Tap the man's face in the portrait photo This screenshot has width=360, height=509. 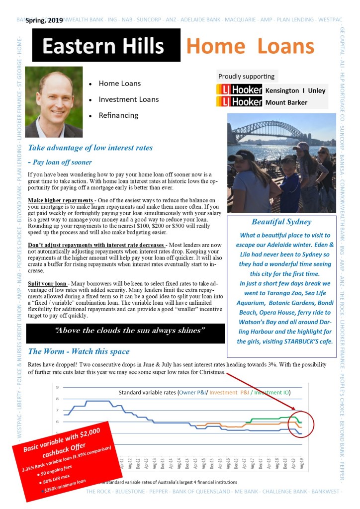coord(54,97)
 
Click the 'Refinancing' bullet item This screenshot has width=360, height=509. coord(118,115)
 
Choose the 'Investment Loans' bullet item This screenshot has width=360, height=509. coord(129,99)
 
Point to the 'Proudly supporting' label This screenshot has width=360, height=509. coord(246,77)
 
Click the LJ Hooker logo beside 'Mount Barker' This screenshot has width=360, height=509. coord(239,102)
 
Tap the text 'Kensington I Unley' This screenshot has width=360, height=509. coord(295,90)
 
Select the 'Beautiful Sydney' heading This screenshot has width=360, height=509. coord(281,222)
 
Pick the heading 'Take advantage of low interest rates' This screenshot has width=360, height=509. coord(90,148)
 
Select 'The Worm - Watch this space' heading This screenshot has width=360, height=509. coord(79,351)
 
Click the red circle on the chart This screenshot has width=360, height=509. coord(301,424)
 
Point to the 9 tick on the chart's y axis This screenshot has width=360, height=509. coord(58,387)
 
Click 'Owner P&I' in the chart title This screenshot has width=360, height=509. coord(197,393)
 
